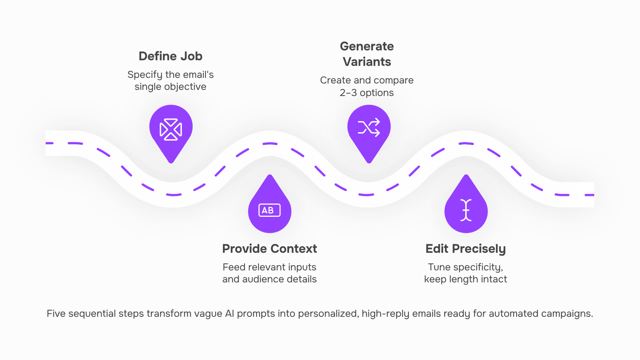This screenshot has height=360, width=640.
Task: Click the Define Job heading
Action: (170, 56)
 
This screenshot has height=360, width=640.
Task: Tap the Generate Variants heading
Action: (367, 54)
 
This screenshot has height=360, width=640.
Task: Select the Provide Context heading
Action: (270, 248)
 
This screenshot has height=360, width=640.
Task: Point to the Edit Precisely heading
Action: (466, 249)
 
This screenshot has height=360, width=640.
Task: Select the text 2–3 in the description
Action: (348, 93)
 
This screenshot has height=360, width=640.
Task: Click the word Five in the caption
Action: (56, 314)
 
